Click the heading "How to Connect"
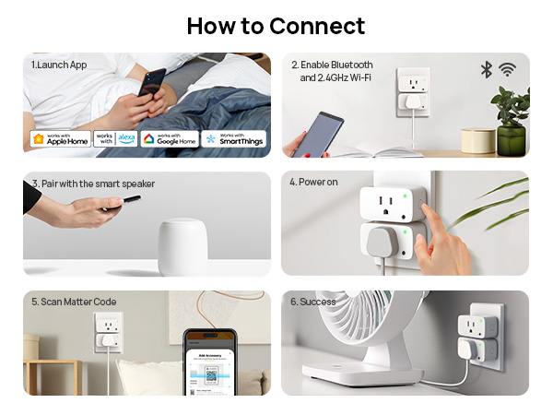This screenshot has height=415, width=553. pos(276,26)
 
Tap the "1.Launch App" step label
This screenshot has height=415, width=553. pos(59,65)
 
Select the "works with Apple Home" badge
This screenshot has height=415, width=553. pos(59,139)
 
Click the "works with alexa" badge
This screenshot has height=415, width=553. pos(115,139)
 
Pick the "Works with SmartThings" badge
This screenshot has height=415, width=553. pos(234,139)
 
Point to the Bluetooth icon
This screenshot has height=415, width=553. pos(487,70)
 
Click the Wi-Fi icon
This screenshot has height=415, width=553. pos(507,70)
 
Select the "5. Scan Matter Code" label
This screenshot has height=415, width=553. pos(74,302)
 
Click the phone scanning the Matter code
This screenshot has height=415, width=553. pos(211,364)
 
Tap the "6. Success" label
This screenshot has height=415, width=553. pos(312,302)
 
